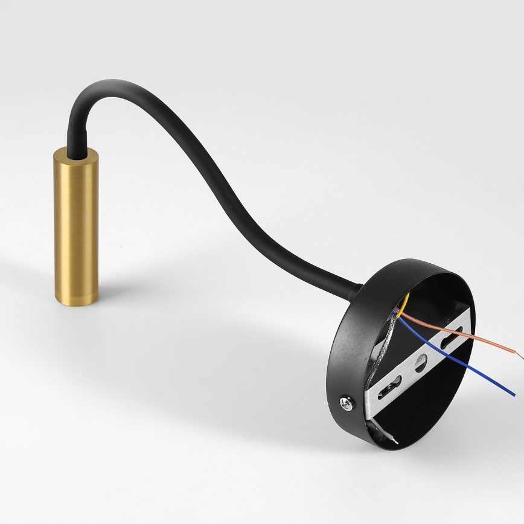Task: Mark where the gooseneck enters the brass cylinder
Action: pyautogui.click(x=74, y=154)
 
